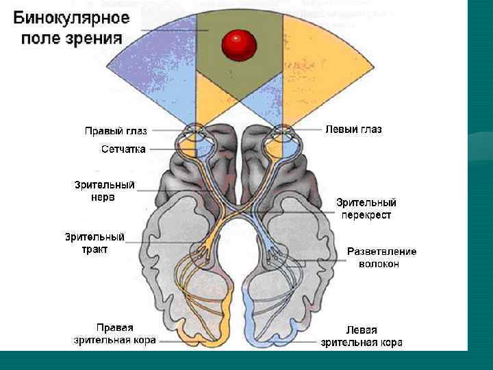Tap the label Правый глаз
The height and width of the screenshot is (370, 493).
[115, 129]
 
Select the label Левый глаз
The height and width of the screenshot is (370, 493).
[353, 129]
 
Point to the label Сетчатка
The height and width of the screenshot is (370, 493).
[123, 149]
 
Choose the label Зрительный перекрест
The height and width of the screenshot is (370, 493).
[366, 208]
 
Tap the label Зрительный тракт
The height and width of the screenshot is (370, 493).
[94, 243]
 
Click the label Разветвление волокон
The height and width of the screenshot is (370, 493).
[381, 257]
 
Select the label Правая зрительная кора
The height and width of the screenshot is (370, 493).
[115, 334]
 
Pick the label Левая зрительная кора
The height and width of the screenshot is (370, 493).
[362, 336]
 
